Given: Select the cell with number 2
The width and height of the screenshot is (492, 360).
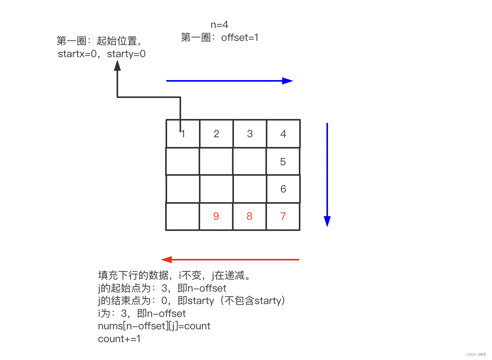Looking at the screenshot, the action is click(216, 134).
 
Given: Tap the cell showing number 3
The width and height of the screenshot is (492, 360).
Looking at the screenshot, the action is click(250, 134).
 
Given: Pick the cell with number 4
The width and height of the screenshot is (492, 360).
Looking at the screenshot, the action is click(283, 134).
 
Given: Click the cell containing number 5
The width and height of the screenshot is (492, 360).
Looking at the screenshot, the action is click(283, 161).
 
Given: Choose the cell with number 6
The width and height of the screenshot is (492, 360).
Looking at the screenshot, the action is click(283, 189).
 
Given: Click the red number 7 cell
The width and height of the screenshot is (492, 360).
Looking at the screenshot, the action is click(283, 216).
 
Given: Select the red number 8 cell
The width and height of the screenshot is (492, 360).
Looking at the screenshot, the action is click(250, 216).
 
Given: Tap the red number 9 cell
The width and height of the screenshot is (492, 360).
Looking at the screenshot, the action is click(216, 216).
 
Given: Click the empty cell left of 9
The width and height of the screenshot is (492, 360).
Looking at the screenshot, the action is click(183, 216).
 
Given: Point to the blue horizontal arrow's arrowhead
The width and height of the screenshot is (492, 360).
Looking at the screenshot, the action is click(288, 81).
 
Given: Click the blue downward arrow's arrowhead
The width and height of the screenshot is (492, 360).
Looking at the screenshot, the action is click(327, 221).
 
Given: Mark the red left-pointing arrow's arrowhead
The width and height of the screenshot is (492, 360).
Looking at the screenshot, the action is click(166, 259).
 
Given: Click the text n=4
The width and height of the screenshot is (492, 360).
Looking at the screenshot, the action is click(220, 25).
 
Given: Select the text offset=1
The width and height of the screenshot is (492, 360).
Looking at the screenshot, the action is click(240, 38).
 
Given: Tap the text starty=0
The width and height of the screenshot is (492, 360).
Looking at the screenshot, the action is click(126, 54).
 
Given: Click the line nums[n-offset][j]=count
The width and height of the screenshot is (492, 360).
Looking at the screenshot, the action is click(154, 326).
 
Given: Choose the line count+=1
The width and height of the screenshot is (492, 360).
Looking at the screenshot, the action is click(119, 339).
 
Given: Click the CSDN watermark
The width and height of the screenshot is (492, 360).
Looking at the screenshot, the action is click(476, 354).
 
